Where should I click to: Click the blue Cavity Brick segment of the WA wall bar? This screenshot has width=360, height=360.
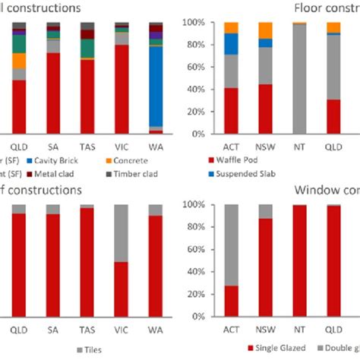[x=155, y=84]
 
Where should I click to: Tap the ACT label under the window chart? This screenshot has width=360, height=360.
[x=231, y=330]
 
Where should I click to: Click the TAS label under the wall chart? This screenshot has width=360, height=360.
[x=87, y=144]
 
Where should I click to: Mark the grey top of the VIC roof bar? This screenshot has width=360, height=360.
[x=121, y=232]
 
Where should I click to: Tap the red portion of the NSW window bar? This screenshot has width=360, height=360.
[x=265, y=267]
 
